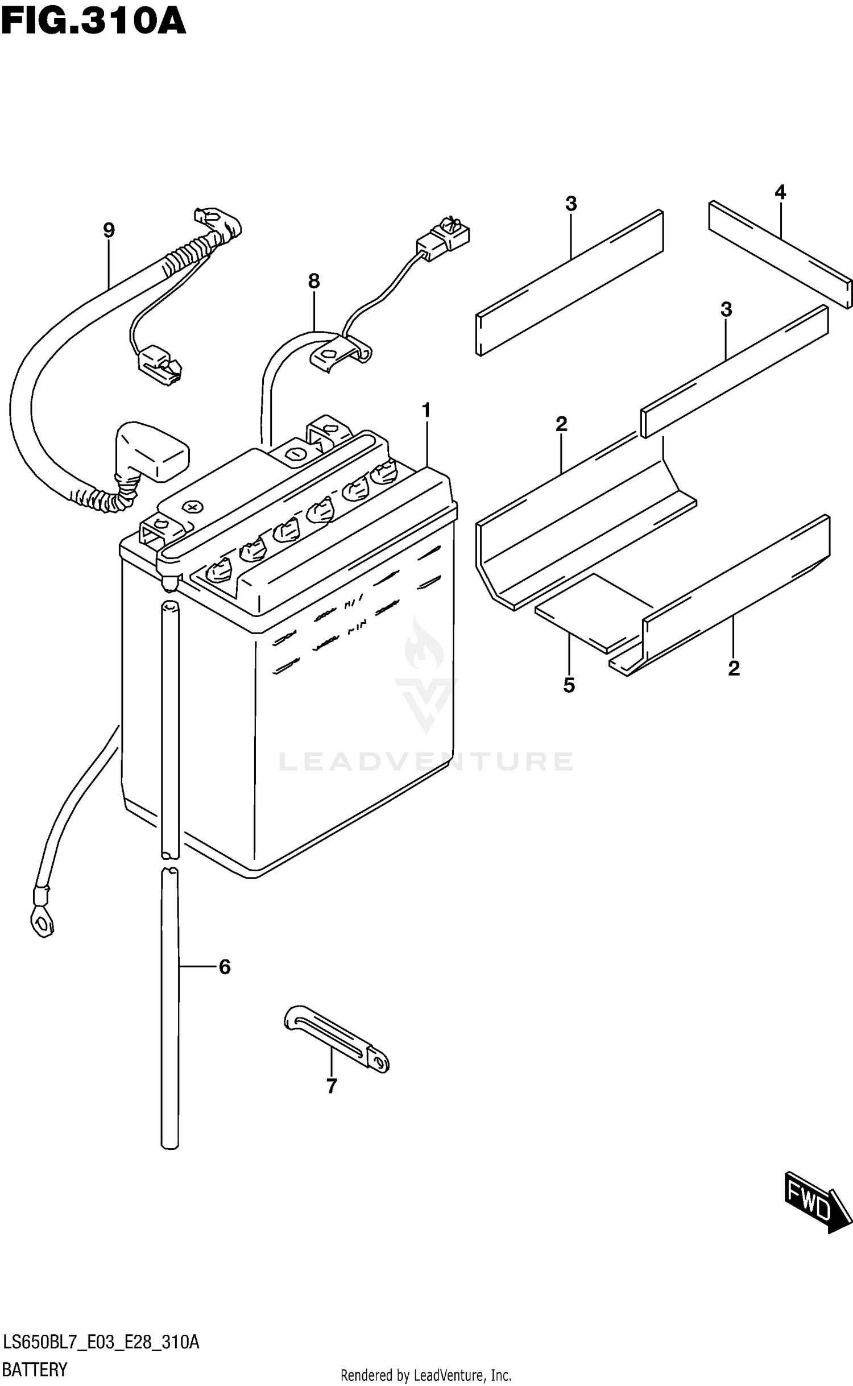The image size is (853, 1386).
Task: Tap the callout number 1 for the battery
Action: click(426, 410)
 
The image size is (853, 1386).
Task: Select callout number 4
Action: click(780, 192)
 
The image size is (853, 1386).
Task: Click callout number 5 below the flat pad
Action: click(569, 685)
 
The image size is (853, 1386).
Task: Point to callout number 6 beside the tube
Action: click(225, 967)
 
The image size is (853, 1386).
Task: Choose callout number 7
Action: click(332, 1086)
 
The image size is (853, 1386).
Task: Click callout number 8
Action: click(314, 281)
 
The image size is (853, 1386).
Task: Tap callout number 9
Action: click(109, 230)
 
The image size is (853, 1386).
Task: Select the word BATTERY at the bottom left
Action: click(35, 1370)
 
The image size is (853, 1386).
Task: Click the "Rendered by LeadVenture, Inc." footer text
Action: click(426, 1376)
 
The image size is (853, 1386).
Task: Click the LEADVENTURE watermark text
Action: click(426, 762)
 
